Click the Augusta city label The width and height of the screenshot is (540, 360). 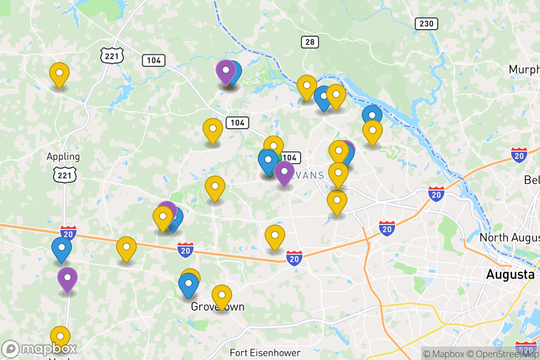(510, 274)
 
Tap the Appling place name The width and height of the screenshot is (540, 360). (63, 157)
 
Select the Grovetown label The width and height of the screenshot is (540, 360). (218, 307)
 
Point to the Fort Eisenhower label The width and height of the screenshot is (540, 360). (265, 352)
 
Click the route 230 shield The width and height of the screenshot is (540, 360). (426, 24)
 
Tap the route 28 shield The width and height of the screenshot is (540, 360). (310, 42)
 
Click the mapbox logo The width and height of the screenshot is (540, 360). (39, 349)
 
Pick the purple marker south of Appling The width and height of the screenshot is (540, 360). (67, 279)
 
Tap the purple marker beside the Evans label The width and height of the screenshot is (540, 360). (284, 172)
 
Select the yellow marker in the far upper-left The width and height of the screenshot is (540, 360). (59, 74)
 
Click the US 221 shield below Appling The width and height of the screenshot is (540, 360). (65, 175)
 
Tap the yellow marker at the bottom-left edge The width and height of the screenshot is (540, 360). (60, 337)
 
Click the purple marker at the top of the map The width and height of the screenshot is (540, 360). (225, 71)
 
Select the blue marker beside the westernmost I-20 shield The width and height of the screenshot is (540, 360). (62, 248)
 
